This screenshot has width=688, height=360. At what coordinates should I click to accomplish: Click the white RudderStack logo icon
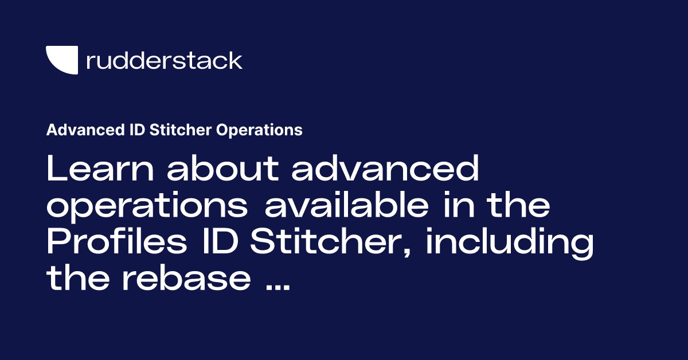coord(62,60)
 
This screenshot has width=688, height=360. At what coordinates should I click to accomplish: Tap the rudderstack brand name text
coord(164,60)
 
